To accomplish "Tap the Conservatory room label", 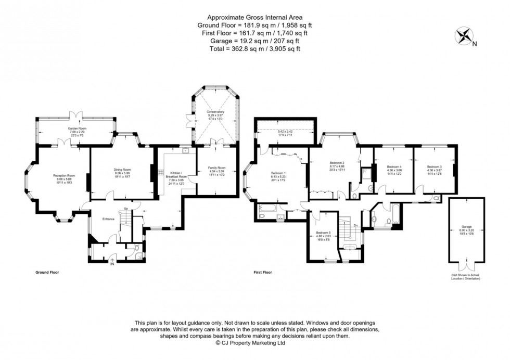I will [215, 111].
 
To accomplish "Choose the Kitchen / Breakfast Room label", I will [174, 175].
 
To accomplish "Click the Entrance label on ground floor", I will [108, 219].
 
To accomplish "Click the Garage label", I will [466, 227].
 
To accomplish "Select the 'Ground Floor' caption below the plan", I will [47, 272].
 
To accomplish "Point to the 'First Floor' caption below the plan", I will [263, 272].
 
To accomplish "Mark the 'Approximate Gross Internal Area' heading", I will [254, 17].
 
